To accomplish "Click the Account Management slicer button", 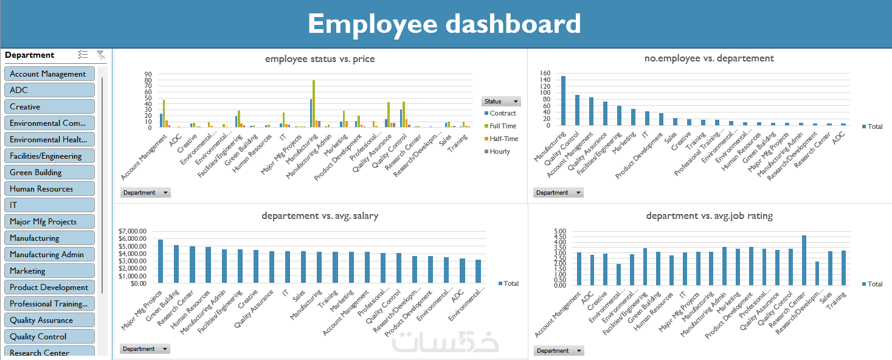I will coord(49,74).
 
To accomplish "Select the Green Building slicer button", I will coord(49,172).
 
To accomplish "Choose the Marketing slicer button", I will coord(49,271).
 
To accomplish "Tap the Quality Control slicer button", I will coord(49,336).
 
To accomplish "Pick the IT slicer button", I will coord(49,205).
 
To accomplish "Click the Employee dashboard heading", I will coord(444,24).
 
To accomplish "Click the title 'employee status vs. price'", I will coord(320,59).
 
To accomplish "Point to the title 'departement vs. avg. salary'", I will coord(320,215).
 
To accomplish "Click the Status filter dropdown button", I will coord(501,102).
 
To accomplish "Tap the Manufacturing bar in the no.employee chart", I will coord(563,101).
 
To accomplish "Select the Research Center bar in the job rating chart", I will coord(804,260).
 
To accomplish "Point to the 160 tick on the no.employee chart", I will coord(545,73).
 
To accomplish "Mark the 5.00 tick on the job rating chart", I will coord(560,232).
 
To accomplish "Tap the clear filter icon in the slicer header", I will coord(101,55).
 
